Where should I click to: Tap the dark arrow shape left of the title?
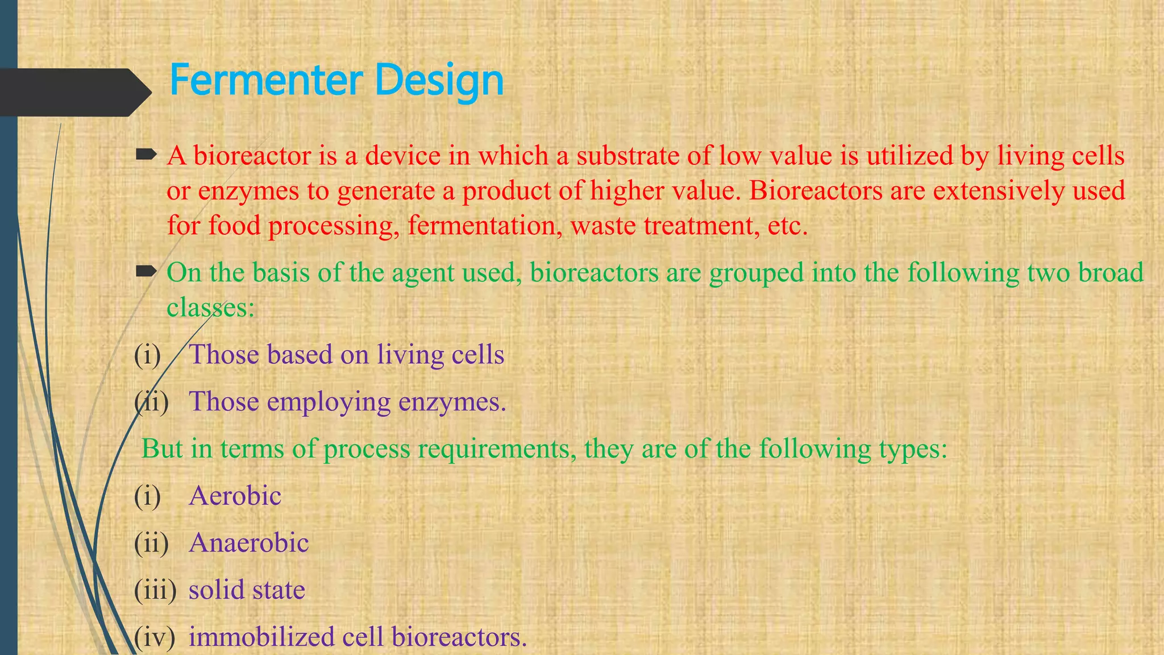(x=74, y=92)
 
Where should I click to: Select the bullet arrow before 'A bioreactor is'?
(x=146, y=154)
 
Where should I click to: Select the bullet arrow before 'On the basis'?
(x=146, y=272)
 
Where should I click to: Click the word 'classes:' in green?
(x=210, y=308)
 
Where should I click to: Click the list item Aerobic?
(x=235, y=496)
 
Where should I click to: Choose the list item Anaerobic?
(x=248, y=543)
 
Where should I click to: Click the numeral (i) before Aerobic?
(x=147, y=496)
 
